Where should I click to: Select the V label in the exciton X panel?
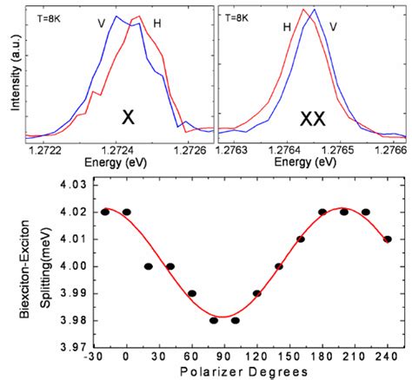pos(101,23)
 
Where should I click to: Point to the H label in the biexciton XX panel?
pos(286,27)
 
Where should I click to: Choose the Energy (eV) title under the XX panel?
pos(309,161)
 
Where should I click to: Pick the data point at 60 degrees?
pos(192,293)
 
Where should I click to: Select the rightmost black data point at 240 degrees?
pos(388,239)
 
